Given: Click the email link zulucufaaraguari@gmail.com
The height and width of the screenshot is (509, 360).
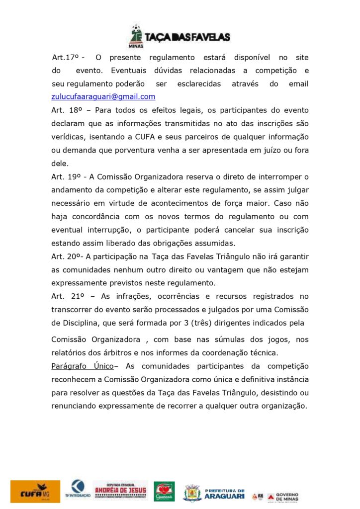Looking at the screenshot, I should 103,97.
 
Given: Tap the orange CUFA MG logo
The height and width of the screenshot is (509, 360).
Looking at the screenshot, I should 35,492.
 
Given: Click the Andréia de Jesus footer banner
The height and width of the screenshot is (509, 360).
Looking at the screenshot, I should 120,491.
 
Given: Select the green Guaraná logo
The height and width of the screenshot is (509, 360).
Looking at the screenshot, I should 164,492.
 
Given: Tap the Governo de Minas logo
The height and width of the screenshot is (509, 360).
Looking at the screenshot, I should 282,496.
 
